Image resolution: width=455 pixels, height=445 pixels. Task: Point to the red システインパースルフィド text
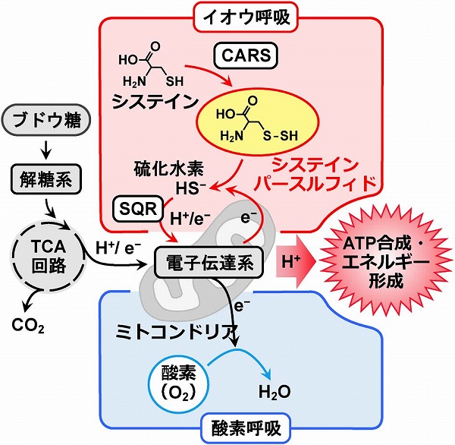pyautogui.click(x=319, y=173)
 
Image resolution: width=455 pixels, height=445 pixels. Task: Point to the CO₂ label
pyautogui.click(x=28, y=328)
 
